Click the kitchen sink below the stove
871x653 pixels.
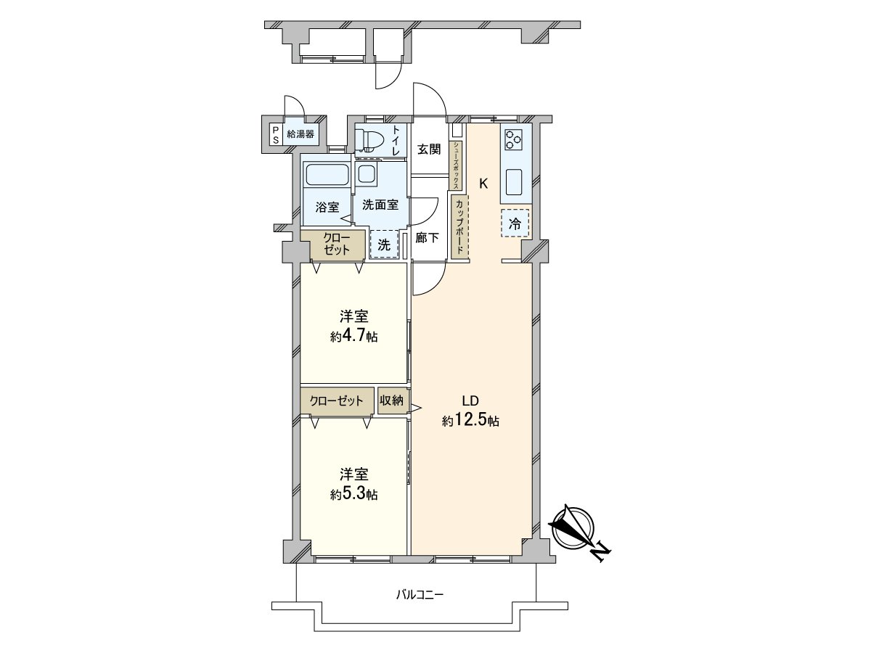click(516, 181)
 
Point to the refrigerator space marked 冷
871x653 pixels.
click(515, 224)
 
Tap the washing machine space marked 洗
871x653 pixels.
click(384, 244)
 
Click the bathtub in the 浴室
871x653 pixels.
click(327, 175)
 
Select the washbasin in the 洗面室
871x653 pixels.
click(367, 174)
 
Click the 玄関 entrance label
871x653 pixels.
click(429, 149)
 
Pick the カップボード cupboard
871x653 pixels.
click(459, 226)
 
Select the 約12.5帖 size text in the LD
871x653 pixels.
click(470, 421)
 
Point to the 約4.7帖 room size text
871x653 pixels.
click(353, 337)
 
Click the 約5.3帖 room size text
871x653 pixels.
click(353, 494)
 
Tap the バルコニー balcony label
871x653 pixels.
click(419, 595)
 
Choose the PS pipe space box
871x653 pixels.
click(275, 134)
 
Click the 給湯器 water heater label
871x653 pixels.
click(300, 134)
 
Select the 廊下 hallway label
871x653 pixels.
click(427, 237)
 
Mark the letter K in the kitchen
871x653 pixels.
click(483, 184)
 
